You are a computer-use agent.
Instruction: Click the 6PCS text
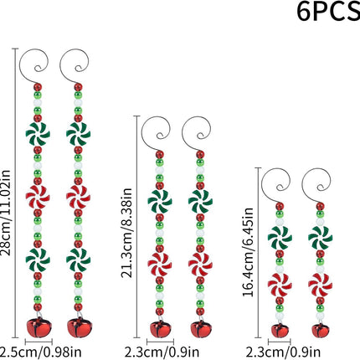(328, 12)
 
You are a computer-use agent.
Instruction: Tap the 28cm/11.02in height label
(6, 213)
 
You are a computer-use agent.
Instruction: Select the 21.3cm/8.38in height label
(126, 233)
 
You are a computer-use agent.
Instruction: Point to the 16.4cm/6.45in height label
(248, 252)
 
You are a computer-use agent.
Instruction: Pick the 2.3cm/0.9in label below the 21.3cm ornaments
(162, 352)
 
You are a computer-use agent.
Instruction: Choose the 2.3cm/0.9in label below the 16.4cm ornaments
(283, 352)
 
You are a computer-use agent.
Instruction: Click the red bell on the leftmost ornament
(39, 327)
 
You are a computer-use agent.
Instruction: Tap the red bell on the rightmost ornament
(320, 330)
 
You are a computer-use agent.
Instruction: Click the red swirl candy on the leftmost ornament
(38, 197)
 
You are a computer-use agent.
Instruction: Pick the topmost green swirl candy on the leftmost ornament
(38, 134)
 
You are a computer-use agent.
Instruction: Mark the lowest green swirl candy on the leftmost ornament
(38, 260)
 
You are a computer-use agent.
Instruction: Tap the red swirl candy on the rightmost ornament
(320, 285)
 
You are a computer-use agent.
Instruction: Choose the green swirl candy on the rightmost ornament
(320, 238)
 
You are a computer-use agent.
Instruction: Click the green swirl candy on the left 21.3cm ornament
(160, 201)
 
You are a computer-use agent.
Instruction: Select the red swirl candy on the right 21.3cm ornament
(200, 265)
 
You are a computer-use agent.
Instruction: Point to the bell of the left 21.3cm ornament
(160, 329)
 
